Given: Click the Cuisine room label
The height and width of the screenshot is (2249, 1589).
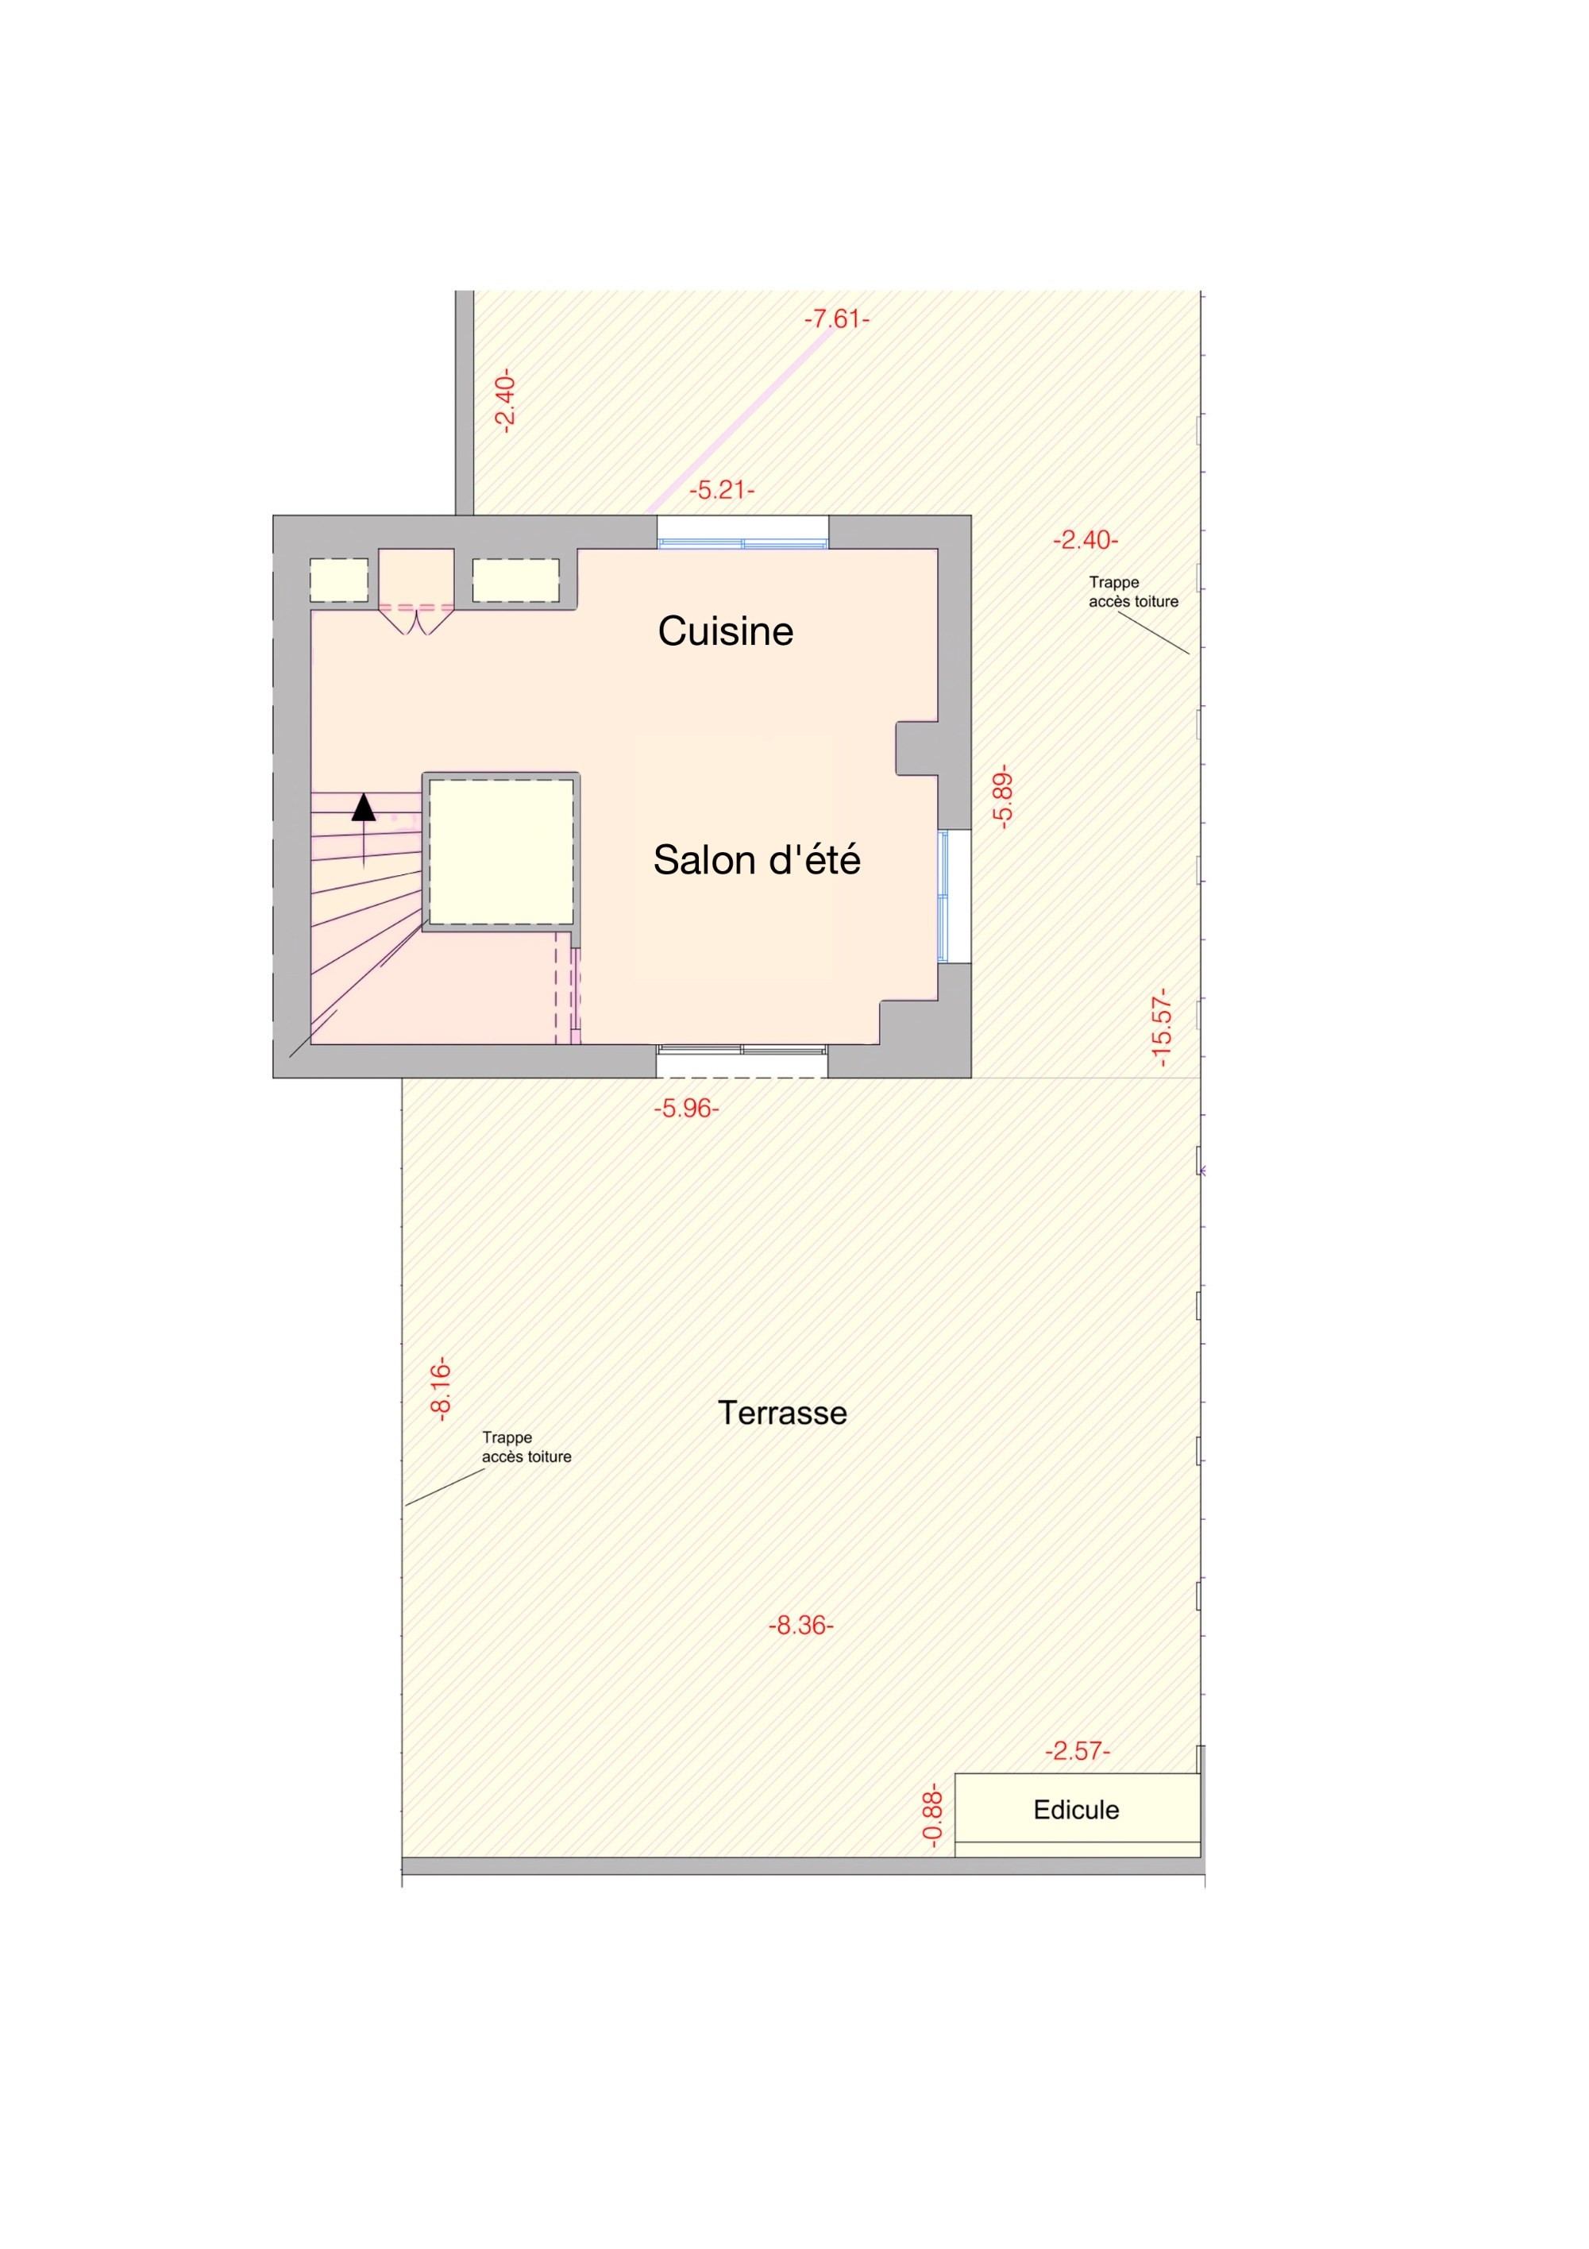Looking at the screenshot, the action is click(x=725, y=631).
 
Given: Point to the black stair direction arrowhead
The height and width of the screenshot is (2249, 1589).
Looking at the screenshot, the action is click(x=364, y=807).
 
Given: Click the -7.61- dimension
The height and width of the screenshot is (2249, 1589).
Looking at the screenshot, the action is click(x=837, y=318).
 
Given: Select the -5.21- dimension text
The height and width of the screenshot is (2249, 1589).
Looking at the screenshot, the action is click(x=722, y=490).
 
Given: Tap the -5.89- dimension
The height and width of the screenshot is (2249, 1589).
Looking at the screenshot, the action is click(x=1001, y=797).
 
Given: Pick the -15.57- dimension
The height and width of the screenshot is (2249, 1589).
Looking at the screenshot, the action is click(x=1160, y=1028).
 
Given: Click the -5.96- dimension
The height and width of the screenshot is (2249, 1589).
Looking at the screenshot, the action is click(x=686, y=1108).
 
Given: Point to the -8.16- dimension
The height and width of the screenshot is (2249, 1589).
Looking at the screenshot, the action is click(x=440, y=1388).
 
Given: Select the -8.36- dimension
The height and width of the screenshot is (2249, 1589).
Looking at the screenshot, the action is click(x=800, y=1625).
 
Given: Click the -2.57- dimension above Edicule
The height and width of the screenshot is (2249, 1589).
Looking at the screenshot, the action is click(x=1078, y=1750).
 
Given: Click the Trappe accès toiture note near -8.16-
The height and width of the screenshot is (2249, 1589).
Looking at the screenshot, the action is click(x=526, y=1447).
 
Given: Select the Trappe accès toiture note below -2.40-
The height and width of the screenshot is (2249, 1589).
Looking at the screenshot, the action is click(x=1133, y=592).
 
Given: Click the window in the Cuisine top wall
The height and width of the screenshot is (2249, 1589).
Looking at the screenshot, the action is click(x=742, y=532).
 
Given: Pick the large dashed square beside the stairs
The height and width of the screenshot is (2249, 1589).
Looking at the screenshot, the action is click(x=502, y=851).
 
